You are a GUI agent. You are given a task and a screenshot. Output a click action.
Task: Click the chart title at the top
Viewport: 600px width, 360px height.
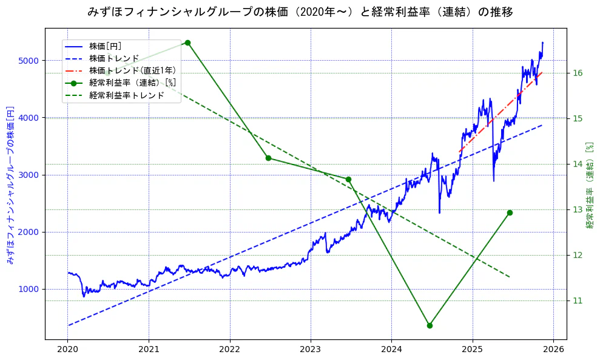300,12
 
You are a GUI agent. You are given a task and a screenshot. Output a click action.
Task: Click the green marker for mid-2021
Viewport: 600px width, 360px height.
187,42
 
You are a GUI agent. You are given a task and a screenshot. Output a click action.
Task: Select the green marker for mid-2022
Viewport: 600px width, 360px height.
268,158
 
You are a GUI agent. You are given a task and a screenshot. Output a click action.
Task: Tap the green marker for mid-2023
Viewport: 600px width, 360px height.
348,179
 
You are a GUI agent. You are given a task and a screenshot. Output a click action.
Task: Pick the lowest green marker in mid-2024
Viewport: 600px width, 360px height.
430,325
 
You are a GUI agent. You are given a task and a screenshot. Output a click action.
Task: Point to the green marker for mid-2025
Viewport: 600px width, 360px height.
510,212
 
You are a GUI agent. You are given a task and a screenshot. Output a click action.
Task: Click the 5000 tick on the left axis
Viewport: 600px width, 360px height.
30,61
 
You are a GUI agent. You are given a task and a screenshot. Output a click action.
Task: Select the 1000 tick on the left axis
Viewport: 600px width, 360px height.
30,289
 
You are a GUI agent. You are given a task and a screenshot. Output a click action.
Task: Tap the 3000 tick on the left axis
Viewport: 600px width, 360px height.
30,175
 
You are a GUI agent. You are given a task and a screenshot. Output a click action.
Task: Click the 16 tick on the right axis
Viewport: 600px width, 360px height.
578,73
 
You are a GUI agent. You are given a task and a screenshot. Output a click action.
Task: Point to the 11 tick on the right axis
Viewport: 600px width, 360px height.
578,301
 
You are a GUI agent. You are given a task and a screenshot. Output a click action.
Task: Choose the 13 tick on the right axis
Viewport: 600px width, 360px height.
578,209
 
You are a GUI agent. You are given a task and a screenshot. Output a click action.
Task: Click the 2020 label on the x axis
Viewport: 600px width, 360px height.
67,350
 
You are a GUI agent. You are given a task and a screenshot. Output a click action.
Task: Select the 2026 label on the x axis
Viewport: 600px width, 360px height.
553,350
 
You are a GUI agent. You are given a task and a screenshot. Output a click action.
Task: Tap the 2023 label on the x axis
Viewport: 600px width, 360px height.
310,350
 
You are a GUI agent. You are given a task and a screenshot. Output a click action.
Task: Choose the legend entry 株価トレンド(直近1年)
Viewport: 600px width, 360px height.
132,70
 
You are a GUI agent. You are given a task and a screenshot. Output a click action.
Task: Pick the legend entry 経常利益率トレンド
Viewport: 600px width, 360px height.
126,95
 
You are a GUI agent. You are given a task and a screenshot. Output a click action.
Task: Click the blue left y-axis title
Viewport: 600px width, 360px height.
10,185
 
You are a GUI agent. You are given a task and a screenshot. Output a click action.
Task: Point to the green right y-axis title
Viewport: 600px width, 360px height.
589,185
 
